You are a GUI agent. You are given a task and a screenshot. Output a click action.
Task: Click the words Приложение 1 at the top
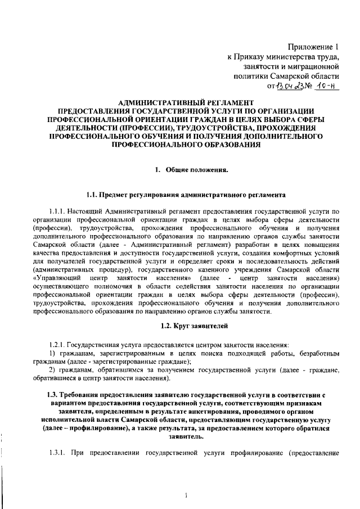click(316, 47)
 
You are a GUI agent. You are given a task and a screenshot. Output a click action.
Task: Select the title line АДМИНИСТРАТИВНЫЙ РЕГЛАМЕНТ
click(180, 102)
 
